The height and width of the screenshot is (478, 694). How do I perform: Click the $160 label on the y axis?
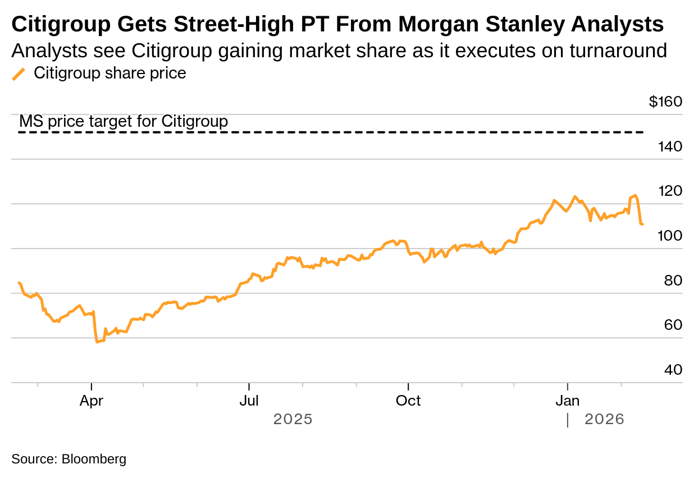point(665,102)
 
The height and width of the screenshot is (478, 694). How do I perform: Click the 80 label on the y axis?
point(673,281)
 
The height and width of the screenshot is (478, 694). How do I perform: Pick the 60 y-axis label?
point(673,325)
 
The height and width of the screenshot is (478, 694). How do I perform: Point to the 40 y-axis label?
point(673,370)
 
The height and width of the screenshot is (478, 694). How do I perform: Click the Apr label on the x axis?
point(91,401)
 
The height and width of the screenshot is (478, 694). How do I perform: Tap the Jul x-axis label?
point(249,401)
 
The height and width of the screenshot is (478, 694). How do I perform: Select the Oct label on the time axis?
point(408,401)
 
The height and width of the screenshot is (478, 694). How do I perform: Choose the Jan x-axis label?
point(568,401)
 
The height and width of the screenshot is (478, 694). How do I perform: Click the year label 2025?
point(293,419)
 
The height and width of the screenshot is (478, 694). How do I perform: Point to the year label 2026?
point(604,419)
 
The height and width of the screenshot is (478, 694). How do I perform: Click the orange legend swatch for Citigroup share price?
point(19,74)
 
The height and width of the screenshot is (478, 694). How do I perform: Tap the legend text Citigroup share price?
point(110,73)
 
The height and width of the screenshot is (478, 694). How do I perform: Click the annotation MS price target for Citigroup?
point(124,121)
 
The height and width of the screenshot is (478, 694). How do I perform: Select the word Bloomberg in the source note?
point(94,459)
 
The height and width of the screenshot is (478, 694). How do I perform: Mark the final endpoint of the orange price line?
point(642,224)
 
